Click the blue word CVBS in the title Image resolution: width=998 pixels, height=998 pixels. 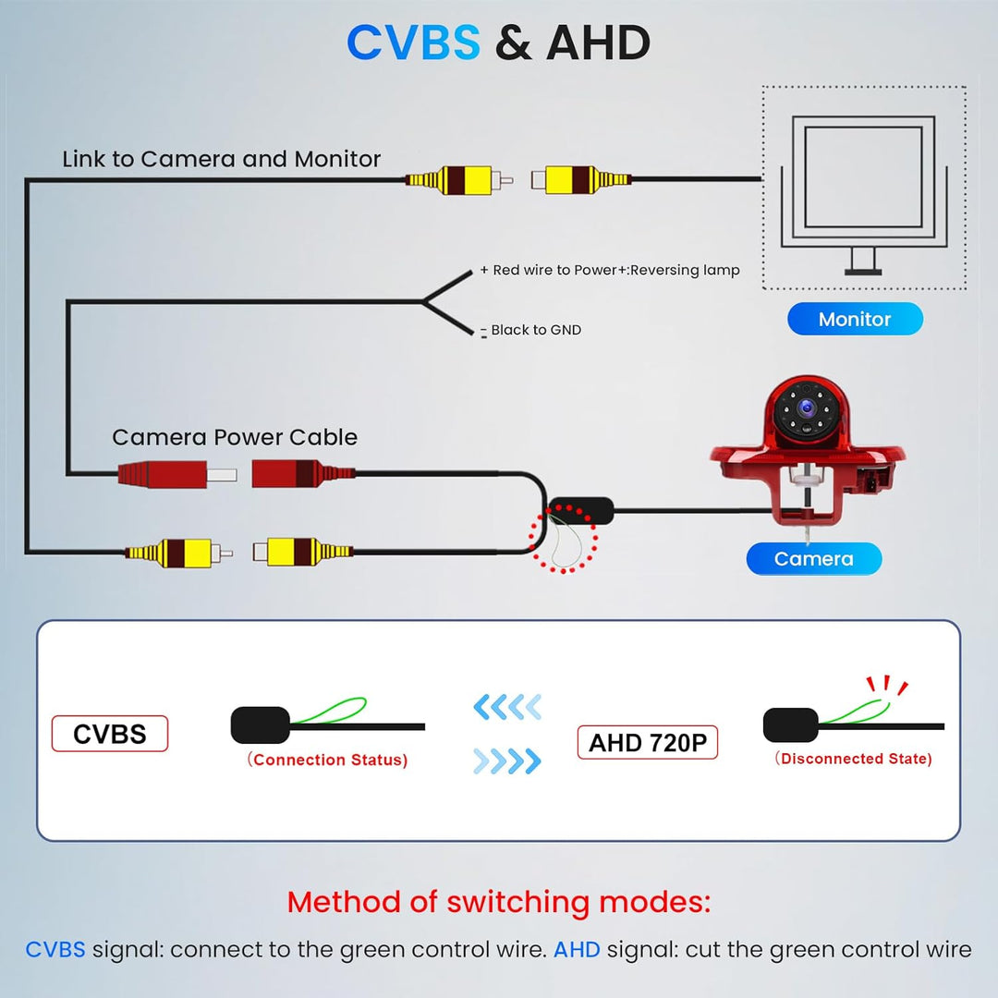[413, 43]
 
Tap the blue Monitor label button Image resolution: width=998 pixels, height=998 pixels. [855, 319]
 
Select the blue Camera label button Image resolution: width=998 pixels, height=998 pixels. [813, 559]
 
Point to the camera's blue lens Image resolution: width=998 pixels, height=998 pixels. [809, 407]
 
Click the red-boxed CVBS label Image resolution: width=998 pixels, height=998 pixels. [109, 734]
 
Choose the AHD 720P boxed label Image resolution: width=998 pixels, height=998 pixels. [647, 742]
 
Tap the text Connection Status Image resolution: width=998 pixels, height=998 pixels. [327, 760]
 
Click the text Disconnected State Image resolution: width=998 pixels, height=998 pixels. [854, 758]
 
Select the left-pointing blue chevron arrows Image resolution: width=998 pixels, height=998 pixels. [507, 707]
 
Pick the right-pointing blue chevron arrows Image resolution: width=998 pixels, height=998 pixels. [507, 761]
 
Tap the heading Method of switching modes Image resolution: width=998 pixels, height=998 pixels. [499, 902]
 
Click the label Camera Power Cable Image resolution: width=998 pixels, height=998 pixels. [235, 437]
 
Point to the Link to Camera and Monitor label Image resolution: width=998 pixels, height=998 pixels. [222, 159]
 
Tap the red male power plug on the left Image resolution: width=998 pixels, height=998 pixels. [176, 474]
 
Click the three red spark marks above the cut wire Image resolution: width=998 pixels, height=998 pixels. [886, 685]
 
